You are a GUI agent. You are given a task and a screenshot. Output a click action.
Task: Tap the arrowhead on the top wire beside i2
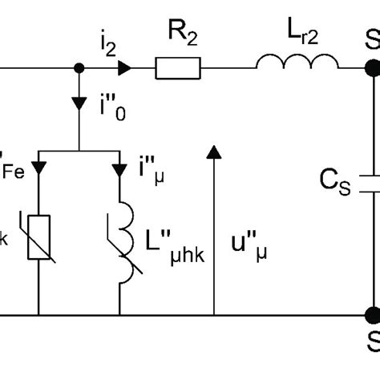point(123,70)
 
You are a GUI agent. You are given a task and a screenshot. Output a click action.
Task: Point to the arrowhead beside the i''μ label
point(120,168)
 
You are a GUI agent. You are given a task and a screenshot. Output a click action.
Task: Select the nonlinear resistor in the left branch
point(39,237)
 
